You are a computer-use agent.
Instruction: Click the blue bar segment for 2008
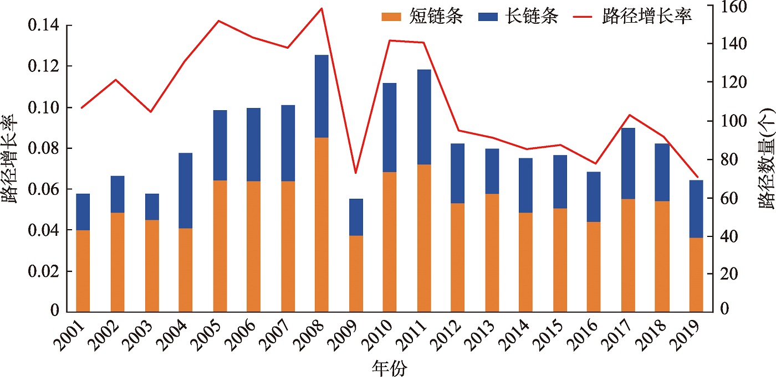(321, 96)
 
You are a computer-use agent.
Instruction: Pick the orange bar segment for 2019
(696, 274)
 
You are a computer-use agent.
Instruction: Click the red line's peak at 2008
(322, 8)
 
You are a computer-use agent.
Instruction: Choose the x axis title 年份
(389, 367)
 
